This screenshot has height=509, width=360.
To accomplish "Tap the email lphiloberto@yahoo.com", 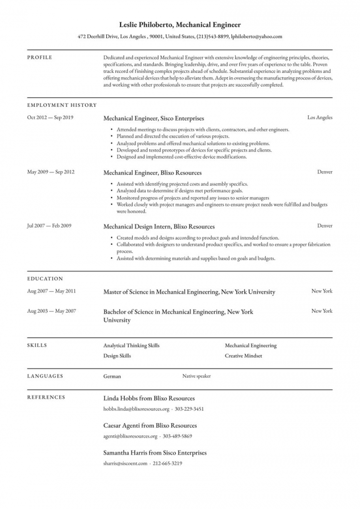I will [257, 36].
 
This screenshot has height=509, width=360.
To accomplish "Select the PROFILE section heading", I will [40, 58].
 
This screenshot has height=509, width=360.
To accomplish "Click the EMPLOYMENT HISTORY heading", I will [62, 105].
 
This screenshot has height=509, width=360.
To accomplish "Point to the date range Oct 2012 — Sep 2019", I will [50, 117].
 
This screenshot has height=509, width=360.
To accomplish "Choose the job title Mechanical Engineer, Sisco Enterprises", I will [153, 118].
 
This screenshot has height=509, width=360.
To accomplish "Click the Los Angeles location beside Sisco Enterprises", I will [320, 117].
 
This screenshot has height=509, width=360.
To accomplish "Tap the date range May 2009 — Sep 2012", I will [50, 172].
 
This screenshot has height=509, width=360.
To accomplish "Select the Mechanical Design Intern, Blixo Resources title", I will [159, 226].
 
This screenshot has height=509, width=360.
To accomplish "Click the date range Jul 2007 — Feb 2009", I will [50, 225].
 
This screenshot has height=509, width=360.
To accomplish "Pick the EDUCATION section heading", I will [45, 279].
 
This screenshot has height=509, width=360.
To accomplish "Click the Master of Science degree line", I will [189, 292].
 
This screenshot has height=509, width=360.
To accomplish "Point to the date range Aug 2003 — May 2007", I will [51, 311].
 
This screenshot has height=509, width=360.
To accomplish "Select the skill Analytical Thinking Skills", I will [131, 346].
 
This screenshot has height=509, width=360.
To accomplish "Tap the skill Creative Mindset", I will [243, 356].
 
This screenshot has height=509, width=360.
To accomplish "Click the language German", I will [112, 376].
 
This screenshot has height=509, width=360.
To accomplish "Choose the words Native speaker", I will [196, 376].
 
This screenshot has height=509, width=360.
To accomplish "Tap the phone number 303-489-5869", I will [177, 436].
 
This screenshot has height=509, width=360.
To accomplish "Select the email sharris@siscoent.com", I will [125, 463].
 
